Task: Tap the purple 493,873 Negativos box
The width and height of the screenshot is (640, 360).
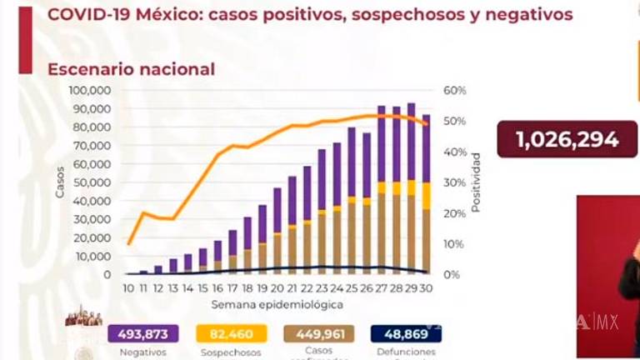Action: click(143, 334)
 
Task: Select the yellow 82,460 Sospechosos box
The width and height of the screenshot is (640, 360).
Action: click(232, 334)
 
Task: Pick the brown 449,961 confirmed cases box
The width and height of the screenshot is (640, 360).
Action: click(320, 334)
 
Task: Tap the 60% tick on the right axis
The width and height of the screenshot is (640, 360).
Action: click(455, 90)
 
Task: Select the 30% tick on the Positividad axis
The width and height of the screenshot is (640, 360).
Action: click(455, 182)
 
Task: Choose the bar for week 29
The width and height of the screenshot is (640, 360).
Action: click(411, 188)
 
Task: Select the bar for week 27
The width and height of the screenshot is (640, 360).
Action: click(382, 189)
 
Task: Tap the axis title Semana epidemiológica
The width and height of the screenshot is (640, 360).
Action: click(277, 304)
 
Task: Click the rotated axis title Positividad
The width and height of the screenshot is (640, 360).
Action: click(476, 182)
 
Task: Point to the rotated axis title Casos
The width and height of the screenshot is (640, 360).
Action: click(60, 182)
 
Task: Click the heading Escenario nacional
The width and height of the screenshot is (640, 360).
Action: click(131, 69)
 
